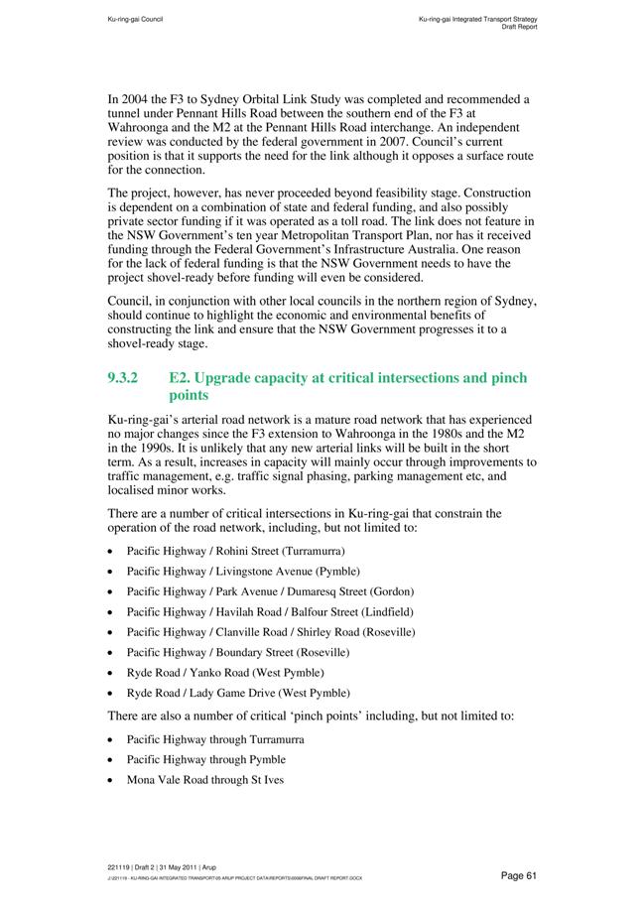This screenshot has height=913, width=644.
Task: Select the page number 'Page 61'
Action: (x=518, y=874)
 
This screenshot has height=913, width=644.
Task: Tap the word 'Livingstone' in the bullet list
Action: (x=244, y=572)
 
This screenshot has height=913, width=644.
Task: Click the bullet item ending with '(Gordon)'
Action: (x=256, y=591)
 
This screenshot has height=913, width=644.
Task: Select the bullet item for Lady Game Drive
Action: (x=237, y=693)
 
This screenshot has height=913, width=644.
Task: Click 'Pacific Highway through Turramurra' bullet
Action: (x=214, y=739)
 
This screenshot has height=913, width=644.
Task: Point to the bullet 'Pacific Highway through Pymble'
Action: (x=205, y=759)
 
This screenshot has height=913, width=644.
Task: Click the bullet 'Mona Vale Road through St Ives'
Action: (x=204, y=780)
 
